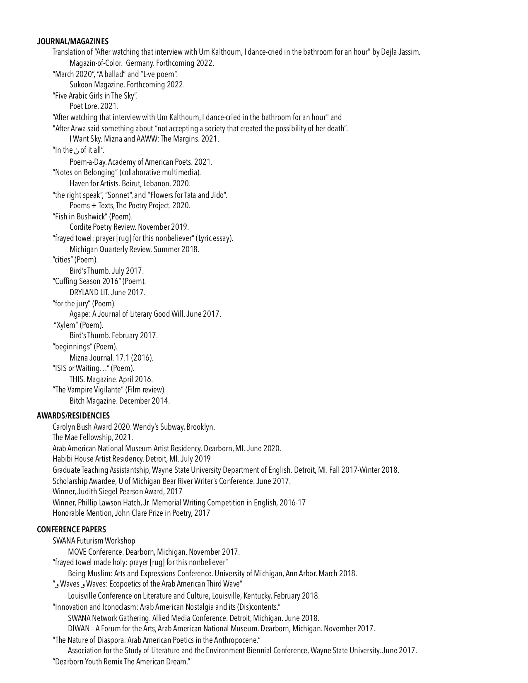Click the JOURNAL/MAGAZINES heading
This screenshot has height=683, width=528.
(x=72, y=41)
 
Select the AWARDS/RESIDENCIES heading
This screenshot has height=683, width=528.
(x=73, y=415)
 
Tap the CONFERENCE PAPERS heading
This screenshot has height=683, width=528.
(x=71, y=529)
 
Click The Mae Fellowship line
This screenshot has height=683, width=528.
(x=92, y=437)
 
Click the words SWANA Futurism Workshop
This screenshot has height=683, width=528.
(x=94, y=541)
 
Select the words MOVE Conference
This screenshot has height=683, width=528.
(x=96, y=552)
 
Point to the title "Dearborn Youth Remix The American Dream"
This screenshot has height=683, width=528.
(x=121, y=661)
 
